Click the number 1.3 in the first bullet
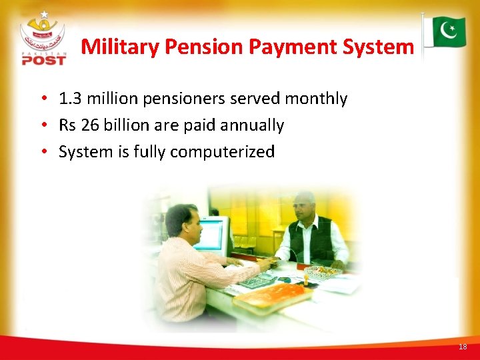click(69, 99)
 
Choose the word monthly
click(316, 99)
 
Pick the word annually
click(252, 125)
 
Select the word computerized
click(222, 152)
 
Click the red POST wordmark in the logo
click(44, 60)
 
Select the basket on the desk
click(323, 271)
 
